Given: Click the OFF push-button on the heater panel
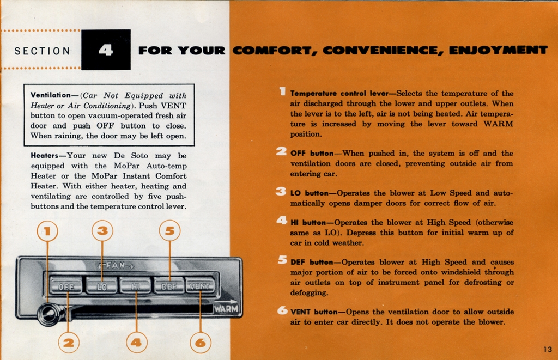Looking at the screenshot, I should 66,285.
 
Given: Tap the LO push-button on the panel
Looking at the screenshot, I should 101,285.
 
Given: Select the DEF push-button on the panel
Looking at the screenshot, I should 169,285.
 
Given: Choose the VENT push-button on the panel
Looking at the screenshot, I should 201,285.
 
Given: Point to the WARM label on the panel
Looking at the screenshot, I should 226,308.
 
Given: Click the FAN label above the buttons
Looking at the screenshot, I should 115,265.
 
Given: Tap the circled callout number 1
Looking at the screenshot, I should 47,231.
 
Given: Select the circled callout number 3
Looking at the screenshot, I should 102,231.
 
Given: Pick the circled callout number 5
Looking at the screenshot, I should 169,231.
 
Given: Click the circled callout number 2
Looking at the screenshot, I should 68,343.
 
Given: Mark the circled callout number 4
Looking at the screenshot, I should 136,343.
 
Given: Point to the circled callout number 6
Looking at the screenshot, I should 201,343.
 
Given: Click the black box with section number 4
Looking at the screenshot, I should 106,50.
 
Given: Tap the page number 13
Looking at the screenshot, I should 548,349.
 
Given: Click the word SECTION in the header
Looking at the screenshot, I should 43,51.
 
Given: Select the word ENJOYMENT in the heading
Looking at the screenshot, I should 498,51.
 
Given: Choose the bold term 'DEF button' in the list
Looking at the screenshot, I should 312,262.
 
